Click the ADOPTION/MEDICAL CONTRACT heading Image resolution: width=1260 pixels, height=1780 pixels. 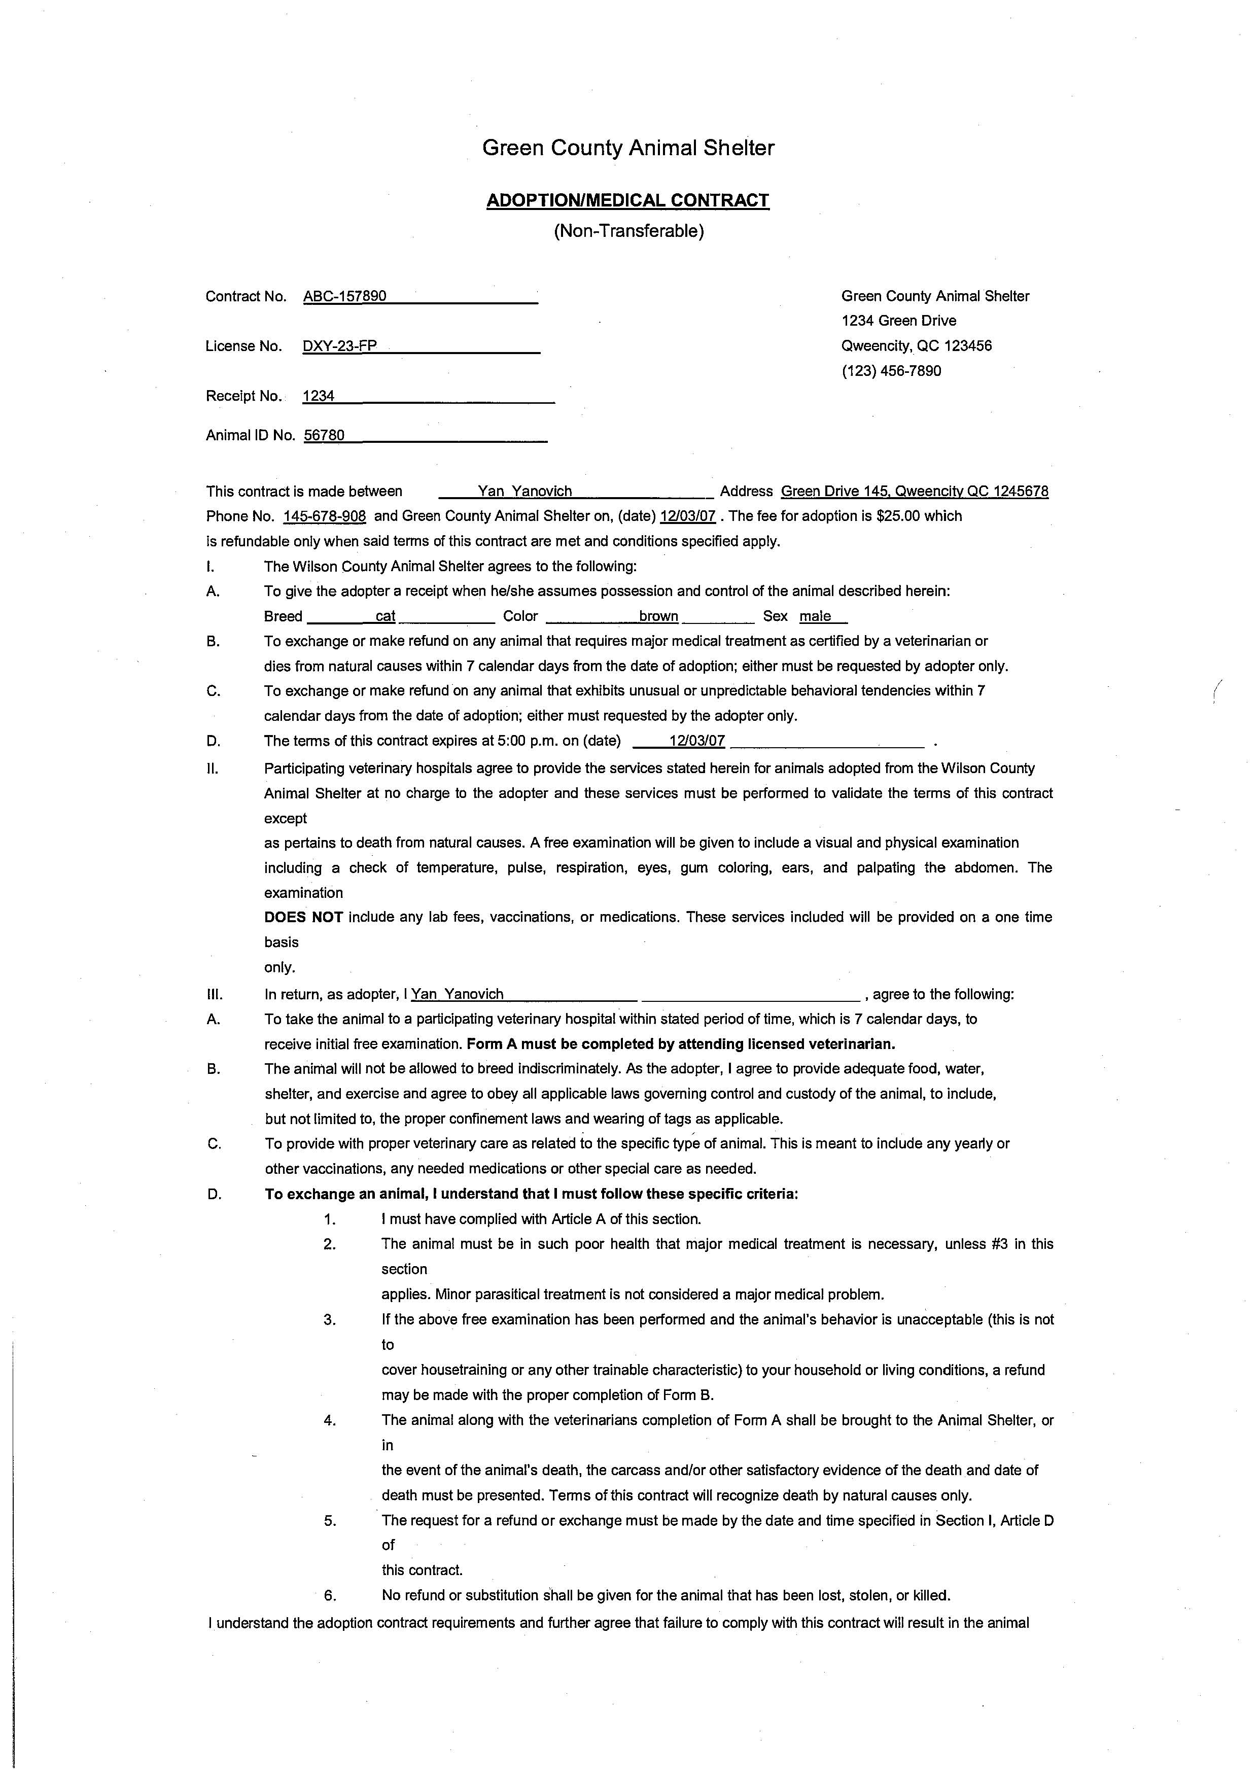[627, 200]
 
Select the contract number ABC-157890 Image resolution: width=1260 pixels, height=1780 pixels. [344, 296]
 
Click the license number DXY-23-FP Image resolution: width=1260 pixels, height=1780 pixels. [340, 346]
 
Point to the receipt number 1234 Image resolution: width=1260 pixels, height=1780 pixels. [318, 396]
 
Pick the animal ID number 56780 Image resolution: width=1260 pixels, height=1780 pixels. [324, 435]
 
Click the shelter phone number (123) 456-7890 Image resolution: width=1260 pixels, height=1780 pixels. [891, 371]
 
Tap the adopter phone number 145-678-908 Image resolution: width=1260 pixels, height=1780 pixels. [324, 516]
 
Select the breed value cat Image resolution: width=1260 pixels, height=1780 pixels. [386, 616]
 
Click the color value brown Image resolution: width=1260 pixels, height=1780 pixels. [659, 616]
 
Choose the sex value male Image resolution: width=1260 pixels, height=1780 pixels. [816, 616]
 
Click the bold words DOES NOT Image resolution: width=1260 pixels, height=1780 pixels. [303, 917]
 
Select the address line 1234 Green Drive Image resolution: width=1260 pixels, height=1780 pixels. [898, 321]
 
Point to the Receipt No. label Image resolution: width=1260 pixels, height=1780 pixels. [243, 396]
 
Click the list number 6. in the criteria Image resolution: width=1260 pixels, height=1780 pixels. [330, 1595]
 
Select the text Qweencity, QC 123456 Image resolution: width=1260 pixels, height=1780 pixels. [916, 346]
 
